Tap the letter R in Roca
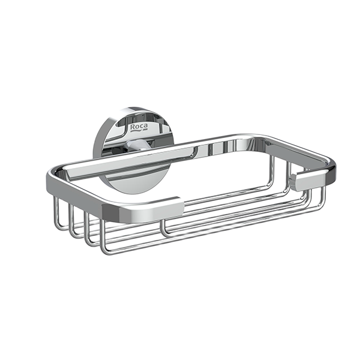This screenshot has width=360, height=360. [x=133, y=127]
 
